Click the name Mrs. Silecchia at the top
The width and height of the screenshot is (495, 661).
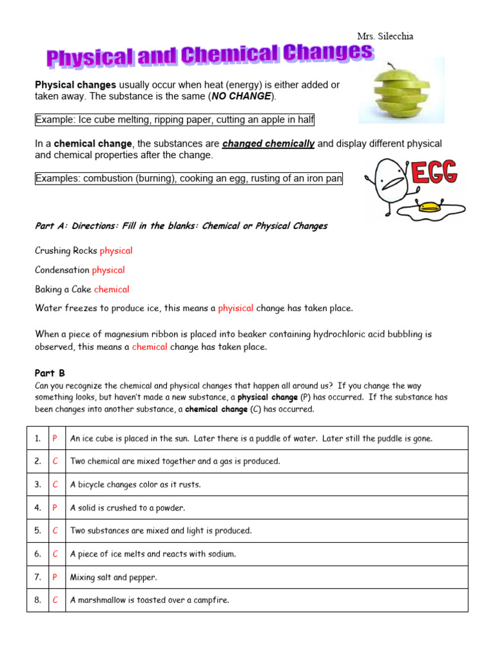(x=385, y=36)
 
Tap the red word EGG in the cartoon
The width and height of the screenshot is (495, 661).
(x=434, y=173)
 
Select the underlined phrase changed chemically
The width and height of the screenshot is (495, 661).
(x=269, y=143)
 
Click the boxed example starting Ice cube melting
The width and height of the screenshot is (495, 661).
(x=175, y=120)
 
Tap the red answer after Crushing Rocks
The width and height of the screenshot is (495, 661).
(x=116, y=250)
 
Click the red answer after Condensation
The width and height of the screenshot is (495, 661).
(x=108, y=270)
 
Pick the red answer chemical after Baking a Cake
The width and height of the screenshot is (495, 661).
(x=112, y=289)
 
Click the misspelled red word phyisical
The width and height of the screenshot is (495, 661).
(x=235, y=308)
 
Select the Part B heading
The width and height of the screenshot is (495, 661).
(x=50, y=373)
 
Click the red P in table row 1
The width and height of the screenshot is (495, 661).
(x=55, y=438)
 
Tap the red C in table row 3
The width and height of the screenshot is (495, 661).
(x=55, y=484)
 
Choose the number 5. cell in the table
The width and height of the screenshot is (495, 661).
(x=37, y=531)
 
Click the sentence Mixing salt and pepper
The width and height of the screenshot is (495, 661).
(x=113, y=577)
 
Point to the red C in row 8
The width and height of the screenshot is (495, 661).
(x=55, y=600)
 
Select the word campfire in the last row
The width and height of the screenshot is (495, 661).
(x=210, y=600)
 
